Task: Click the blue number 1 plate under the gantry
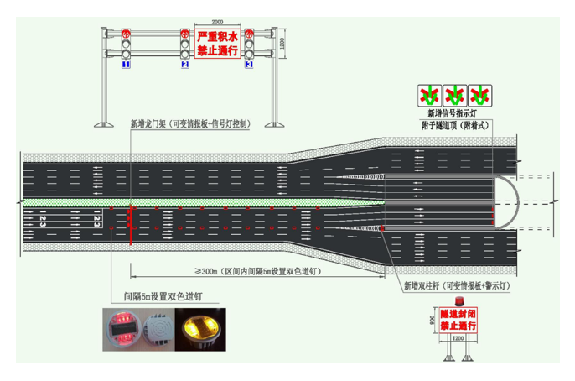click(126, 64)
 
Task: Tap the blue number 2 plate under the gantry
click(185, 64)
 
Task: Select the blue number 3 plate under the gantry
click(248, 64)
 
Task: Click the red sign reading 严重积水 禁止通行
click(217, 43)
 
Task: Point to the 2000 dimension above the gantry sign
click(217, 23)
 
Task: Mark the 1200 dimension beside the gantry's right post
click(282, 43)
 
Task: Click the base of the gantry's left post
click(104, 125)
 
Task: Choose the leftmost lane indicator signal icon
click(431, 92)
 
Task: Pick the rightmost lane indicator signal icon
click(479, 92)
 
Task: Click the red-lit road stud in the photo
click(118, 328)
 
